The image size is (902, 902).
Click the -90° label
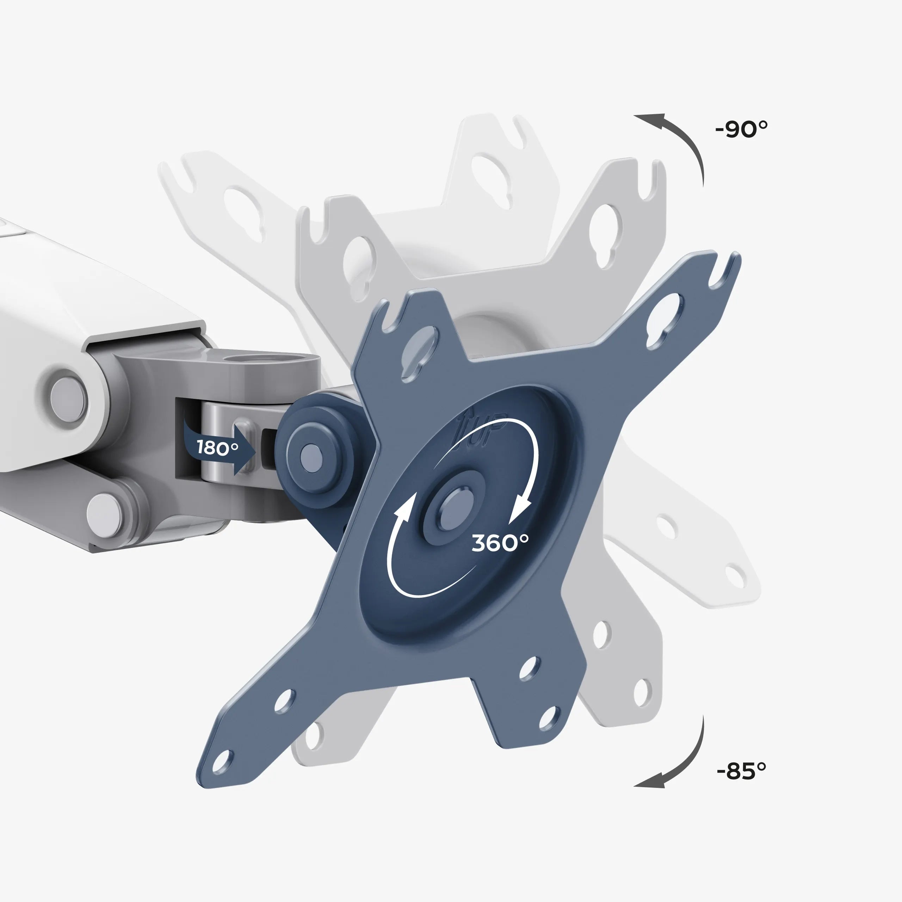coord(741,129)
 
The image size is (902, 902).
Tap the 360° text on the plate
coord(500,543)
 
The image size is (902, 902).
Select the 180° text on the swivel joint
coord(217,447)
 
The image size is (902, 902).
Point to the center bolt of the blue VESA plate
coord(454,507)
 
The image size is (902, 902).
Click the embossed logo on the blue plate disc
coord(481,430)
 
